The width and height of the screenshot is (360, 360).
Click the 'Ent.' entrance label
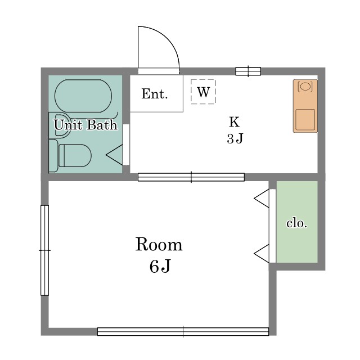point(155,94)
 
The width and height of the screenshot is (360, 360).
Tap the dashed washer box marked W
point(203,92)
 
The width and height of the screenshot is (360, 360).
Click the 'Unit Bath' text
point(85,125)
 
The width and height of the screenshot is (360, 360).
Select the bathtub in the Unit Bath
point(83,96)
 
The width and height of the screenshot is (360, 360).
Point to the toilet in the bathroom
point(74,156)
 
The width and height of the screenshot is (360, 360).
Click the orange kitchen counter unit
point(305,106)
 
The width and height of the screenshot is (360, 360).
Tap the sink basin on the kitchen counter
point(305,87)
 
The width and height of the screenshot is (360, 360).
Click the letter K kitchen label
point(234,121)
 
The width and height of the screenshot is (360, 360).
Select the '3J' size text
point(235,138)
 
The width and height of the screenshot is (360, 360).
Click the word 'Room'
point(159,245)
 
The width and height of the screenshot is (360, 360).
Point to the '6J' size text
point(159,266)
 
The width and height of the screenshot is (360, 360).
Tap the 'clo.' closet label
point(296,223)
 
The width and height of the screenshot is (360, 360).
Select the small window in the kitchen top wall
point(247,71)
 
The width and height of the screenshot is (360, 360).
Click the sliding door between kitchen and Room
point(191,177)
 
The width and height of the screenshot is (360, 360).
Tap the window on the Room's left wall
point(44,250)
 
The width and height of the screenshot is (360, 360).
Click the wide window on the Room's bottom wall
point(183,332)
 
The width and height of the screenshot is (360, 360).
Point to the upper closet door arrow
point(262,198)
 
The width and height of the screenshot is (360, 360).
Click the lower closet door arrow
point(262,254)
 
